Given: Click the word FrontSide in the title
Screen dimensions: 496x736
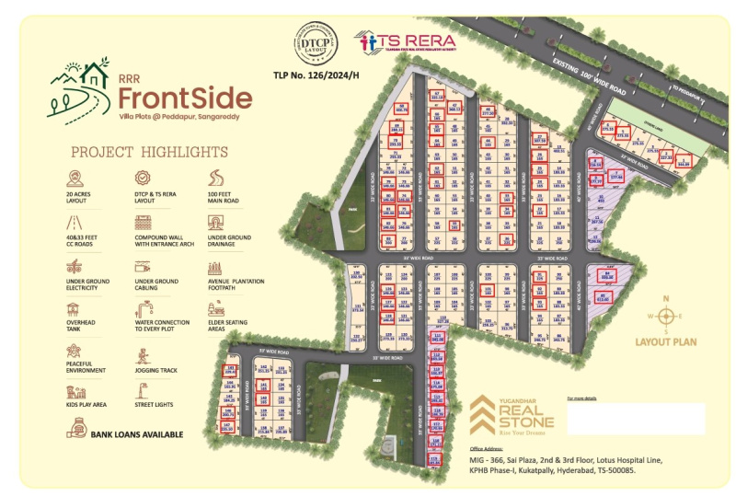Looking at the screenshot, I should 185,98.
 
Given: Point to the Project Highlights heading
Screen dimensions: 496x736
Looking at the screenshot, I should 150,151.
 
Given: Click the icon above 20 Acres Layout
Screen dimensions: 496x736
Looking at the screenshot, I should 74,178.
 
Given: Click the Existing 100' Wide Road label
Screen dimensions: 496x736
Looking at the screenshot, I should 589,78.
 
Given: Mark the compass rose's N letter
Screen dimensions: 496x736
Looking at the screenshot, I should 668,297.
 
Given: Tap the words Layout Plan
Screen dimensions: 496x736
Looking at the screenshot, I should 665,342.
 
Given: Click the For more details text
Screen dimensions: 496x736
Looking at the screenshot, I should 582,398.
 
